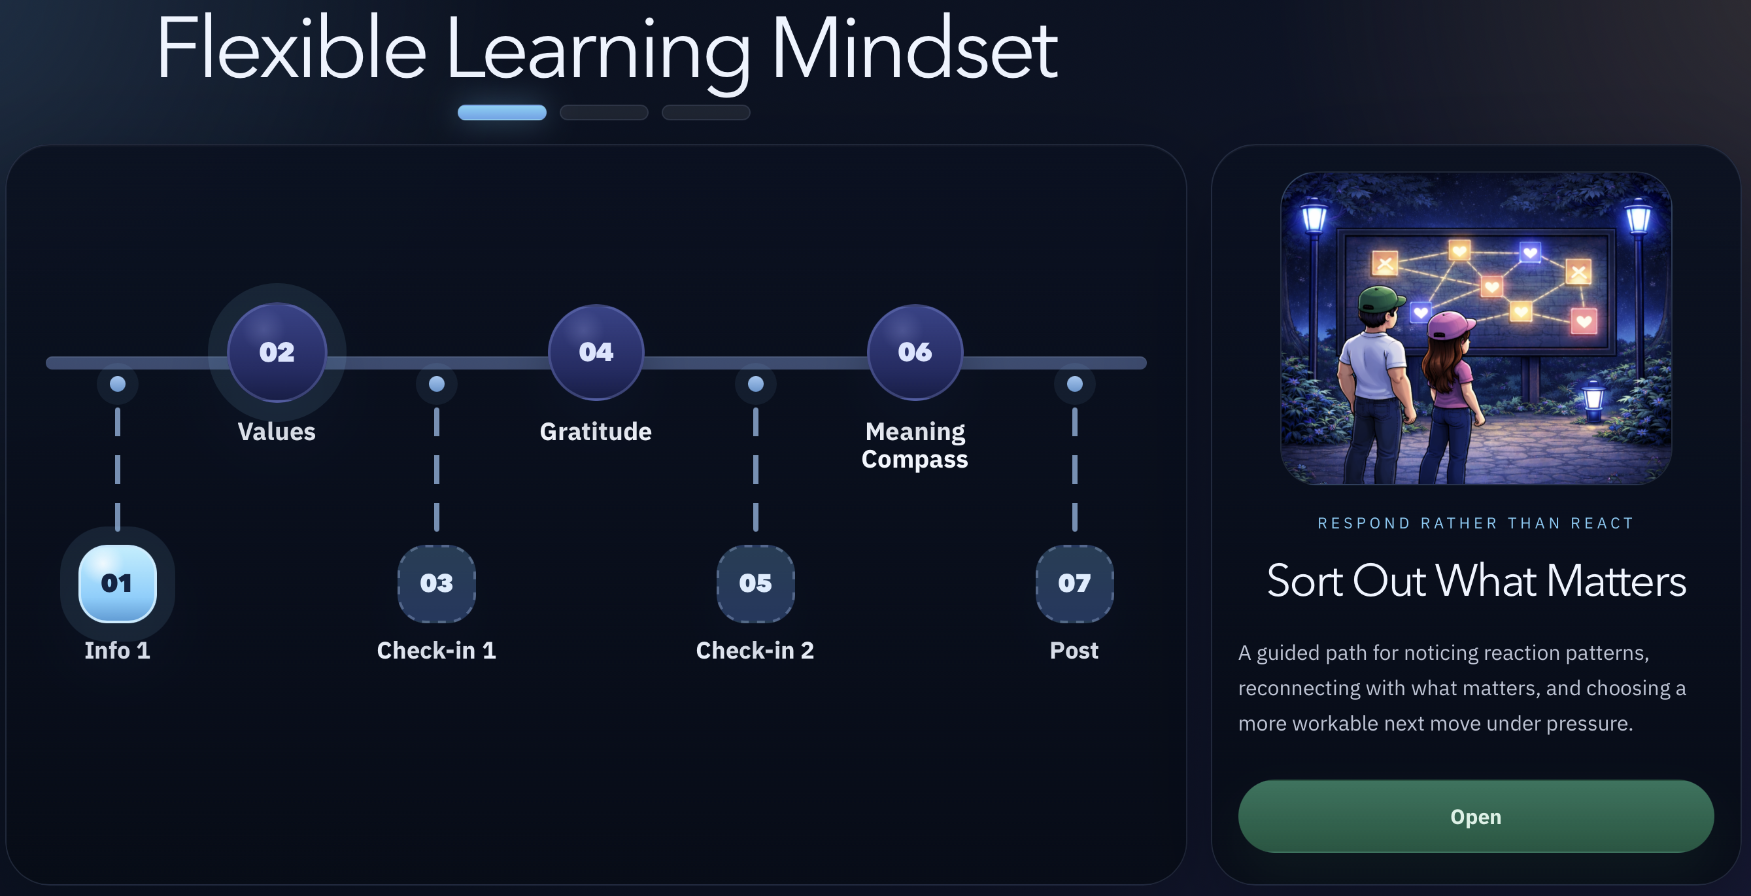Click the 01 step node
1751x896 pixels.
click(x=118, y=583)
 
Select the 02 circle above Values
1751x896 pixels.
click(x=277, y=352)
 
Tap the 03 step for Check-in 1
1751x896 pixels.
click(x=436, y=583)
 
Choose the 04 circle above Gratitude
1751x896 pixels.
click(x=596, y=352)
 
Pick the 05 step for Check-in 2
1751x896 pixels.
click(x=755, y=583)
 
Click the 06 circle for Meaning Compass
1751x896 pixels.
click(x=915, y=352)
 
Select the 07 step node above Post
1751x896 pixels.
click(x=1074, y=583)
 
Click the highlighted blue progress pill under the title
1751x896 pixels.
click(x=501, y=112)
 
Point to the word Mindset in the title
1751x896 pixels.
click(x=915, y=50)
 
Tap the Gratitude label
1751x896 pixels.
click(x=596, y=432)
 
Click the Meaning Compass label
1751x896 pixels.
click(x=915, y=445)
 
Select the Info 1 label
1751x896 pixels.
click(x=117, y=651)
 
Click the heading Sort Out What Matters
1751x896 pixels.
click(x=1476, y=581)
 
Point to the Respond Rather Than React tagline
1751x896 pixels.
click(x=1476, y=523)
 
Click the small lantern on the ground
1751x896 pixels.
click(x=1593, y=402)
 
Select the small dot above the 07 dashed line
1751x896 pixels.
click(x=1075, y=384)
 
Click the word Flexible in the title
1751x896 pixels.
click(x=291, y=50)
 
